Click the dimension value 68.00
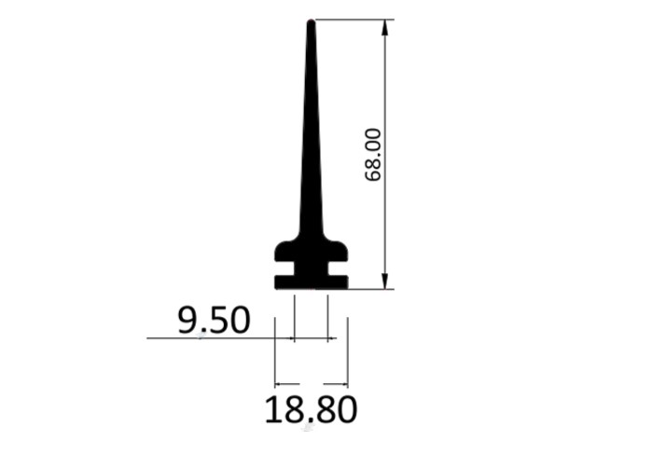[373, 155]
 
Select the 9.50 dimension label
[214, 320]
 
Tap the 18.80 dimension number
[311, 410]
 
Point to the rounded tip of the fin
[311, 21]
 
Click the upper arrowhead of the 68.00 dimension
[385, 27]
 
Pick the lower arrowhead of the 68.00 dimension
[385, 281]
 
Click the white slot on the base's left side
[285, 268]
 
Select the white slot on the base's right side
[338, 268]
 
